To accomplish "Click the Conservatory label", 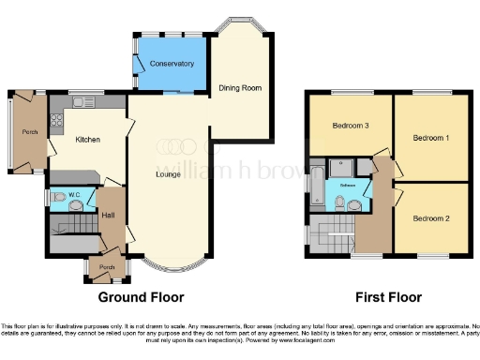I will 171,64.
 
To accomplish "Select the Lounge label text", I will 169,173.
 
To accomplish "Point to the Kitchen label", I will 88,140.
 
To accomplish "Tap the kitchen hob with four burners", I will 55,120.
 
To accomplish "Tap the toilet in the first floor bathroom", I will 338,202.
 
